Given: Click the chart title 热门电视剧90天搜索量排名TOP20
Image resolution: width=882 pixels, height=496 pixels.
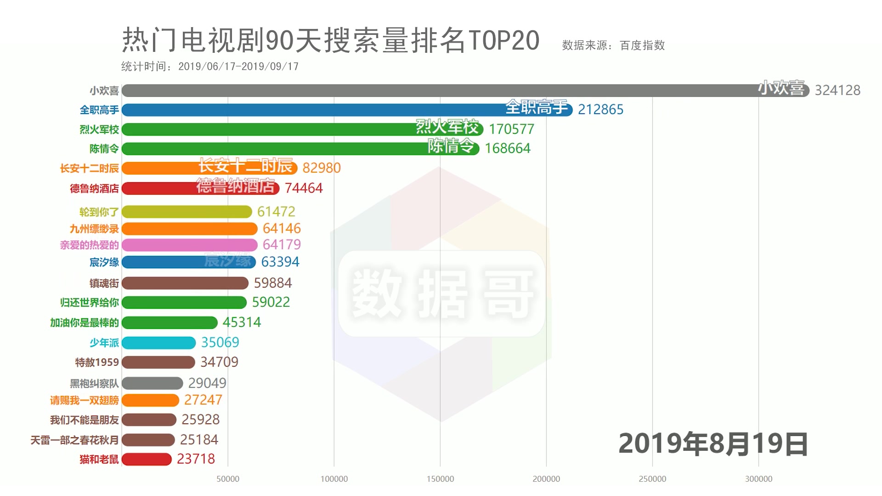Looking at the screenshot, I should [x=331, y=40].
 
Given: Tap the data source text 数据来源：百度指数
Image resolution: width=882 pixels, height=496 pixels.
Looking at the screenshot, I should [x=613, y=45].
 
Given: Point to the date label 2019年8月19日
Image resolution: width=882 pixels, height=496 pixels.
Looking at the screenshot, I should [x=713, y=444].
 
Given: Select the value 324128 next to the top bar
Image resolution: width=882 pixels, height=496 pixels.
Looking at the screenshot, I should [x=837, y=90].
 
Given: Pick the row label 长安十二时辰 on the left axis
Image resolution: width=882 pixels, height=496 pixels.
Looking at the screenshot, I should [x=89, y=169].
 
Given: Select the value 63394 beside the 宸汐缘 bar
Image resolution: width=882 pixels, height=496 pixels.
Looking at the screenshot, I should [x=280, y=262].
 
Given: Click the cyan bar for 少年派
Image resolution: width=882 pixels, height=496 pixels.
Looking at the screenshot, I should [x=159, y=343].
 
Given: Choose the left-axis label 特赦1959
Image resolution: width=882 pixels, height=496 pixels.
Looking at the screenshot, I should [x=97, y=362].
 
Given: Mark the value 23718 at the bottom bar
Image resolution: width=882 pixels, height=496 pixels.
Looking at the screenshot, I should [x=196, y=459].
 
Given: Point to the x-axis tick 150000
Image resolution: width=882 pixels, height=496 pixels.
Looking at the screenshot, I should [x=440, y=479].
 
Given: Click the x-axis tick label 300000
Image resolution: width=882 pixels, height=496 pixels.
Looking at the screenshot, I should [x=758, y=479].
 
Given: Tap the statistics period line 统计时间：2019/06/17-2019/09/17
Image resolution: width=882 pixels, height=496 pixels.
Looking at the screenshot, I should [x=210, y=67].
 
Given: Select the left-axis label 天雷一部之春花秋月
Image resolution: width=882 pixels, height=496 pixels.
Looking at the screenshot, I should [x=74, y=440].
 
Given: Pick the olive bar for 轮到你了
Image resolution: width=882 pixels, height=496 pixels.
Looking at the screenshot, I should [x=187, y=212].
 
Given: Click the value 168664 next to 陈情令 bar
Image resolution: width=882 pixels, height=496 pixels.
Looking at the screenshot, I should [x=508, y=148].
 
